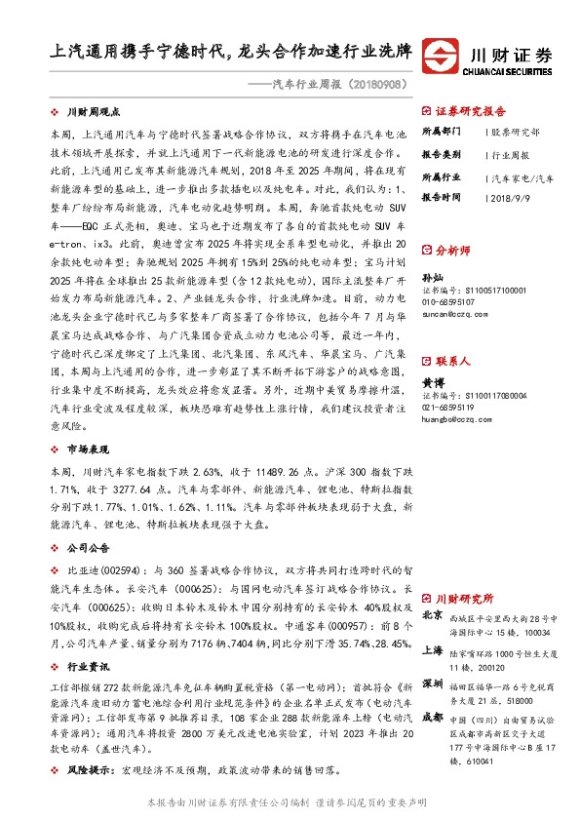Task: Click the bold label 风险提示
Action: (x=86, y=769)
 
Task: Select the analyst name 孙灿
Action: (x=432, y=279)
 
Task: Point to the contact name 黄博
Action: (x=432, y=383)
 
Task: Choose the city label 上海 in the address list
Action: (x=433, y=650)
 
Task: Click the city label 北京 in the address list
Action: (x=433, y=615)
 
